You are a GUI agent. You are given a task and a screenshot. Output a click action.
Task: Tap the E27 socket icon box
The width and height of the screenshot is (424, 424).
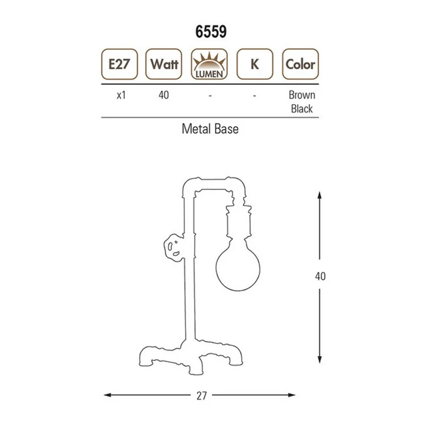pos(119,65)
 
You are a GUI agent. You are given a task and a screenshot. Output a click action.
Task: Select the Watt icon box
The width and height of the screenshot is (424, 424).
pos(164,65)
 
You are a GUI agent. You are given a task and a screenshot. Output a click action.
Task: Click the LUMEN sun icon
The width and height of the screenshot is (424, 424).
pos(210,65)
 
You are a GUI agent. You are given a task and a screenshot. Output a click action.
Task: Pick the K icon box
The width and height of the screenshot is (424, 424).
pos(255,65)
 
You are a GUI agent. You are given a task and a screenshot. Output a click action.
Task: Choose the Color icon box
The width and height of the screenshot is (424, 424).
pos(301,65)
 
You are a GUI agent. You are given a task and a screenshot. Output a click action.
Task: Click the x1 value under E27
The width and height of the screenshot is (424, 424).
pos(120,96)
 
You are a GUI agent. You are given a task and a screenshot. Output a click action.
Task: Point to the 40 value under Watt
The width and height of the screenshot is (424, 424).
pos(164,96)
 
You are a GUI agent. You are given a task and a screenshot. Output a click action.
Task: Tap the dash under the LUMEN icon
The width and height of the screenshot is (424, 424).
pos(210,96)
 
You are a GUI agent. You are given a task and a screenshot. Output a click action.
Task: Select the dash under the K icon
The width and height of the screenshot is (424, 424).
pos(255,96)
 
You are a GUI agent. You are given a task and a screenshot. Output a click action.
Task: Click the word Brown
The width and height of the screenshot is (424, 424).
pos(302,95)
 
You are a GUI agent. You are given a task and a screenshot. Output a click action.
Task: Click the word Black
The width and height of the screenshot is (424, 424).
pos(302,109)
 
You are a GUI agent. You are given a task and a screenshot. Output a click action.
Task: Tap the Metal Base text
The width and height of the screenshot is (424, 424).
pos(210,129)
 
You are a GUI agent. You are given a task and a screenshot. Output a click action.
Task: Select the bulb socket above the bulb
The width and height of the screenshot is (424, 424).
pos(236,223)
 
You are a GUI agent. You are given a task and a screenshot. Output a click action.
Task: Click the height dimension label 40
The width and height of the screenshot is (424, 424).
pos(320,276)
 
